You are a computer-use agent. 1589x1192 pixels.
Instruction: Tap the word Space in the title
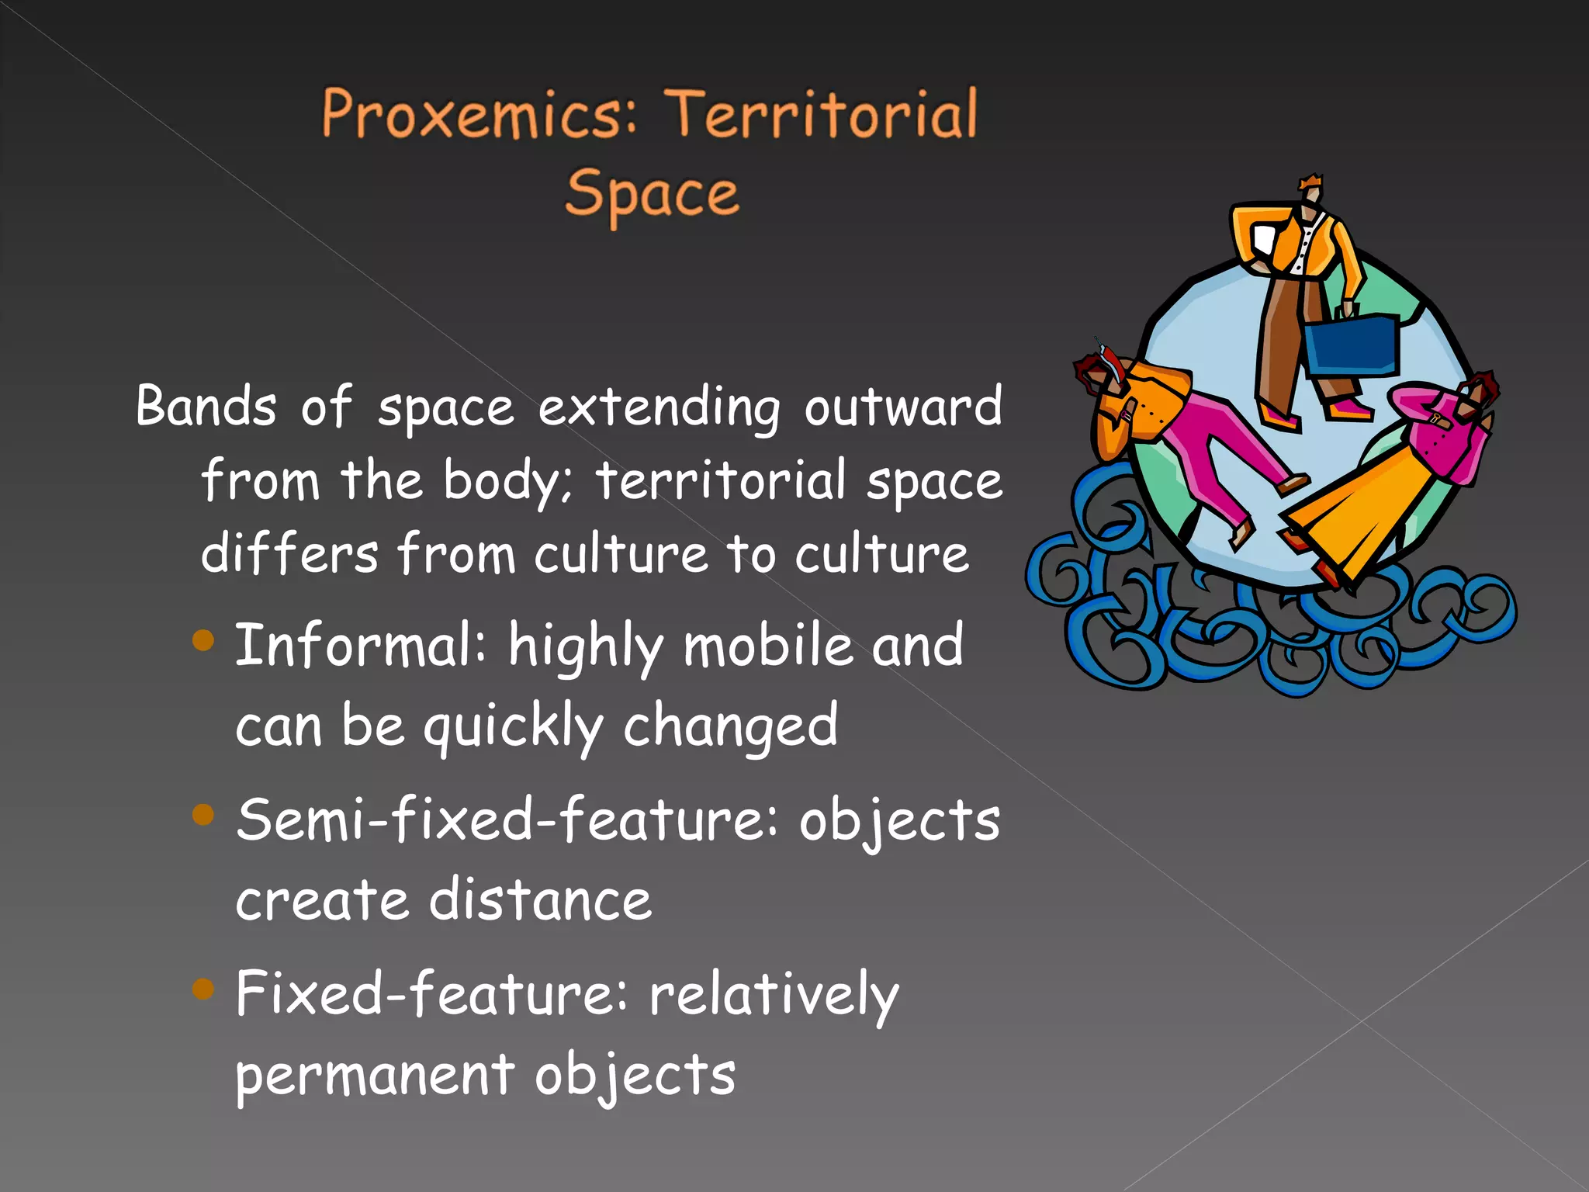pyautogui.click(x=652, y=194)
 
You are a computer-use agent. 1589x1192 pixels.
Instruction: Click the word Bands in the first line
pyautogui.click(x=206, y=406)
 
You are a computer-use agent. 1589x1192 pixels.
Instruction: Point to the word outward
pyautogui.click(x=902, y=406)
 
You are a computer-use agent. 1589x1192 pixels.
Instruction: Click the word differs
pyautogui.click(x=289, y=553)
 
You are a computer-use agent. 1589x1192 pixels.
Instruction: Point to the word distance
pyautogui.click(x=540, y=900)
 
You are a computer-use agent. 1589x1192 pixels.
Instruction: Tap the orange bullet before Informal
pyautogui.click(x=203, y=640)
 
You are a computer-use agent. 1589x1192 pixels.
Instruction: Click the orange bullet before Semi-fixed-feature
pyautogui.click(x=203, y=814)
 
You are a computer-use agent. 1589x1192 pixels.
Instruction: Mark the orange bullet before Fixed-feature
pyautogui.click(x=203, y=988)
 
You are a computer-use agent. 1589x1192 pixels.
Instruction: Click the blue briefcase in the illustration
pyautogui.click(x=1351, y=346)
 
